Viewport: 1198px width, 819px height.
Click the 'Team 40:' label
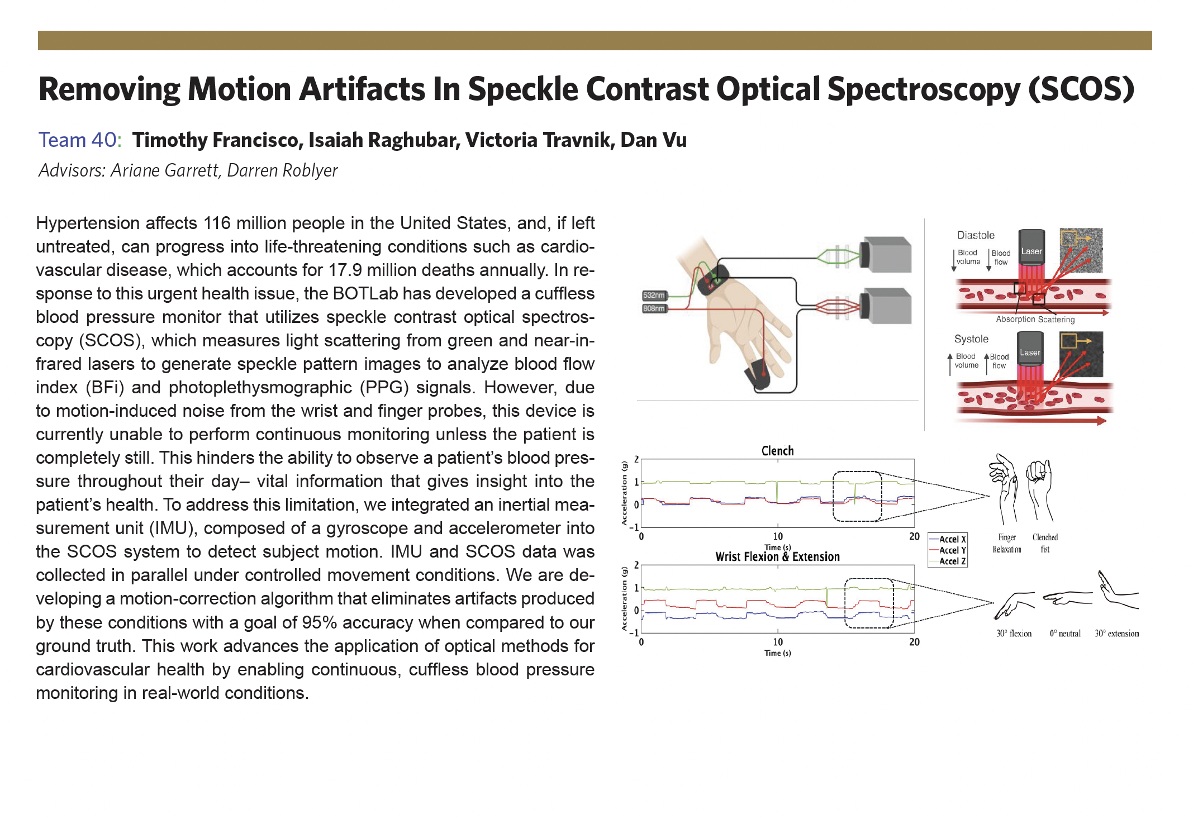tap(80, 140)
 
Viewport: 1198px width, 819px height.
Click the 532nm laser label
tap(654, 295)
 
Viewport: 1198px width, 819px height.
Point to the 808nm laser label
tap(654, 308)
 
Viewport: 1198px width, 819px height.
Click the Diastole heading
tap(976, 235)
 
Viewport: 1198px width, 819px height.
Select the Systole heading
tap(971, 339)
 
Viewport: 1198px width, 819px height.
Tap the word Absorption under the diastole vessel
tap(1015, 319)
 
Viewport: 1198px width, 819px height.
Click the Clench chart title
tap(777, 451)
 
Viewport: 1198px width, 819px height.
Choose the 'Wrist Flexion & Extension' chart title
tap(777, 556)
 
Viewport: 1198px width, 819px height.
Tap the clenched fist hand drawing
tap(1040, 489)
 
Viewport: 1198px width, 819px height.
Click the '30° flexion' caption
tap(1014, 634)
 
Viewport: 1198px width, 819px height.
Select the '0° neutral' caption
tap(1065, 634)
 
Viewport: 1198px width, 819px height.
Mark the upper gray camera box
tap(887, 254)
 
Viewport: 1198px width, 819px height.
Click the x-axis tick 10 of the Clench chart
tap(778, 536)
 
